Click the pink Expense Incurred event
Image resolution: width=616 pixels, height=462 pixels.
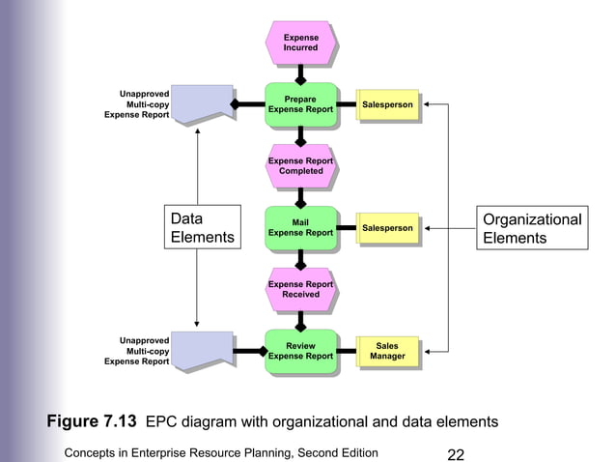(x=300, y=43)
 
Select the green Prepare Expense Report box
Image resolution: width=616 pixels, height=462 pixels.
(x=300, y=104)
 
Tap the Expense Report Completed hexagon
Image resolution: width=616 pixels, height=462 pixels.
(x=300, y=166)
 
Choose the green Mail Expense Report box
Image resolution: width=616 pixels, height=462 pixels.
(x=300, y=227)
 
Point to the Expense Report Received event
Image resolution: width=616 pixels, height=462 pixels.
(x=300, y=289)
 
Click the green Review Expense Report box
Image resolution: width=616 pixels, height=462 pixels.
(x=300, y=351)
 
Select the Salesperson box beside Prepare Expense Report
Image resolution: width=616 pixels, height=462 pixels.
(x=387, y=104)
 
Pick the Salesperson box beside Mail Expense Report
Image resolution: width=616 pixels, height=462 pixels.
(x=387, y=228)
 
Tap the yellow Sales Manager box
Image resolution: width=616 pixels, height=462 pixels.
(x=387, y=352)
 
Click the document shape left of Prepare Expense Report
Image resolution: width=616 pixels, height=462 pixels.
(x=201, y=102)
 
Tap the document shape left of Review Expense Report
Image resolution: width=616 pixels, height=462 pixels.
(x=201, y=350)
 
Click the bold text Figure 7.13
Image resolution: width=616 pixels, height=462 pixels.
(x=93, y=421)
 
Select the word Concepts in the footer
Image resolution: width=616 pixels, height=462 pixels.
(x=94, y=452)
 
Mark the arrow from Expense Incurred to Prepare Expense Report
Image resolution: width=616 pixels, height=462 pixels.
(x=300, y=73)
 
